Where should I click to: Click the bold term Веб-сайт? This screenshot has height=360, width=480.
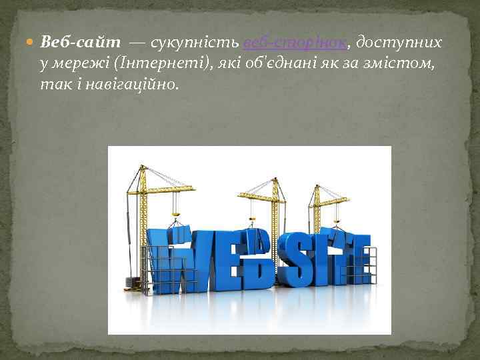(x=81, y=43)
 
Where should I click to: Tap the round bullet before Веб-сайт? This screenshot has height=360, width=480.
(x=33, y=43)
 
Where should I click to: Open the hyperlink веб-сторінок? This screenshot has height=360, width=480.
(x=295, y=43)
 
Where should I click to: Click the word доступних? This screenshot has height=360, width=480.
(x=398, y=43)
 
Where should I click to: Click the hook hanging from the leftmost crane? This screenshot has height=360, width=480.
(x=176, y=213)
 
